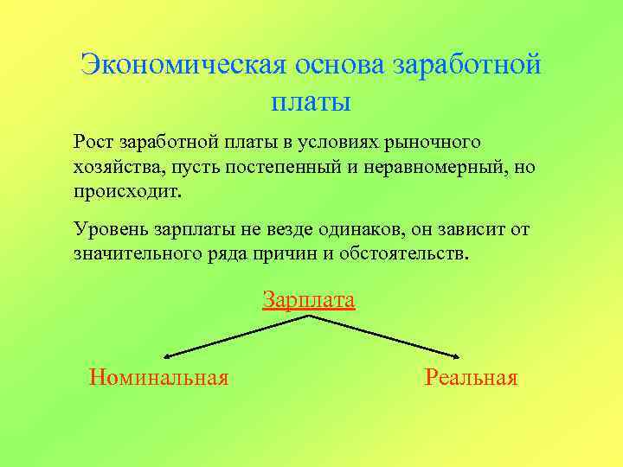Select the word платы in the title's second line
(311, 103)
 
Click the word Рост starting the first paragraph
(93, 141)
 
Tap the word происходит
(128, 191)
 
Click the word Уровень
(110, 230)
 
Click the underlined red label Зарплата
(309, 300)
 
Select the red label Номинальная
(159, 377)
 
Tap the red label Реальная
(471, 377)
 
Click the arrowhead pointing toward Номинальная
(167, 355)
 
